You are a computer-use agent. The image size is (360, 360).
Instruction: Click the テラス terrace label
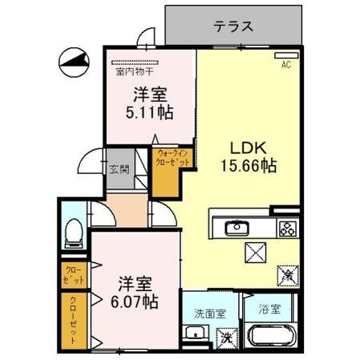(233, 26)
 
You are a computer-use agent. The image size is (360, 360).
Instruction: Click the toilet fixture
(73, 230)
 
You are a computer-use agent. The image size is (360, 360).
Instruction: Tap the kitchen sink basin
(237, 228)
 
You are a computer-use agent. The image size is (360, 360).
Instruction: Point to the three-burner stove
(286, 228)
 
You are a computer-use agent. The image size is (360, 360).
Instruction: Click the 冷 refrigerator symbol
(286, 273)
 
